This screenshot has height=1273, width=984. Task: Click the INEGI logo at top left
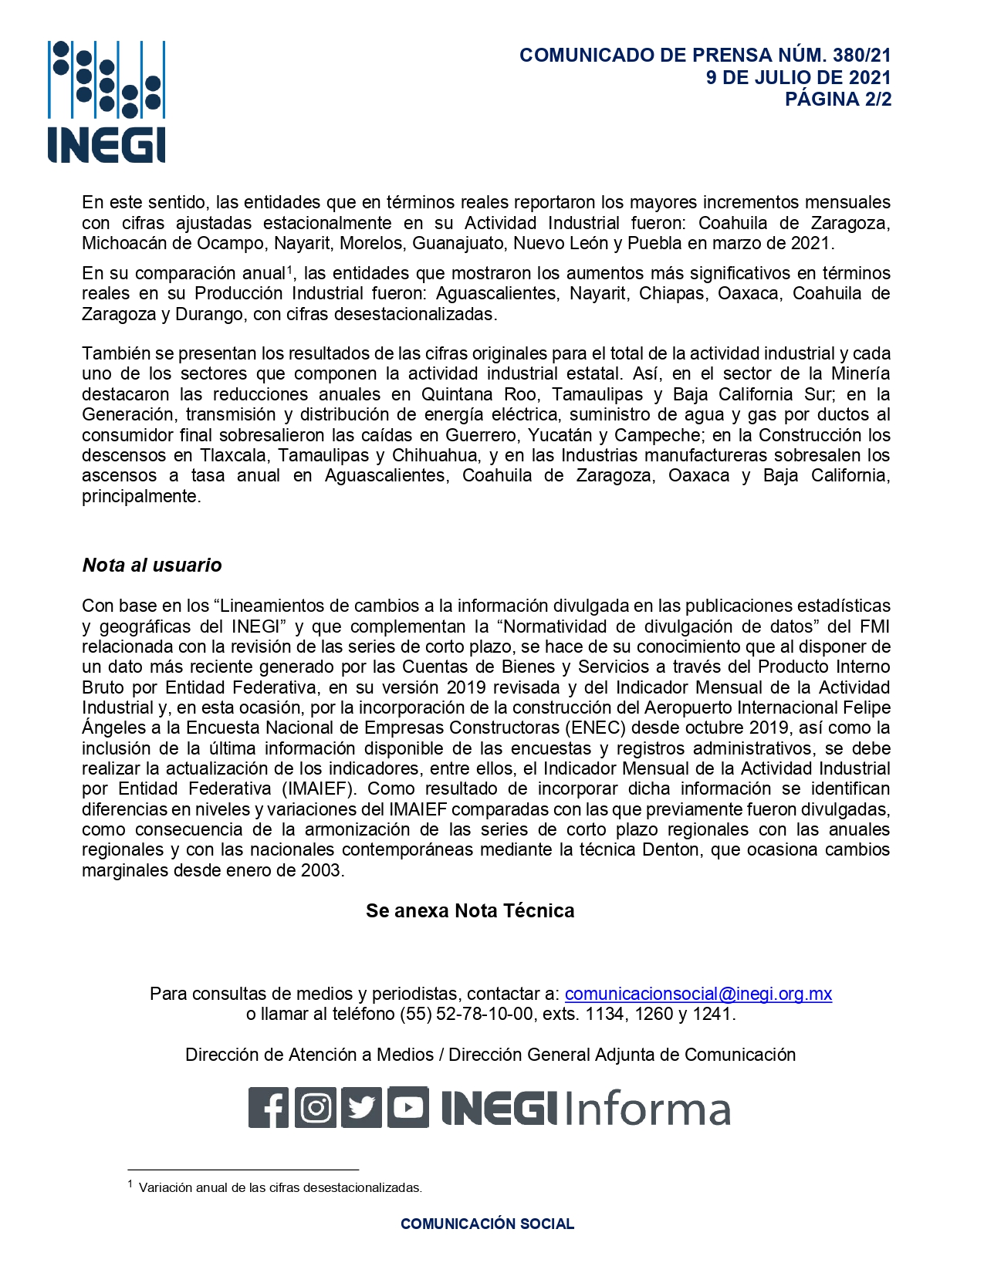click(107, 102)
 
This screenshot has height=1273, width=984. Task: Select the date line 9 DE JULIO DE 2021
click(798, 78)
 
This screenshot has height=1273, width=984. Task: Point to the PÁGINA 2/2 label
click(837, 100)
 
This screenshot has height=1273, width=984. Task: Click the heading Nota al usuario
click(152, 566)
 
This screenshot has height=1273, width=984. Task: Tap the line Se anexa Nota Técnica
click(470, 911)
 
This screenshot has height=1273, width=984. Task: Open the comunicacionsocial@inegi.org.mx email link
click(698, 994)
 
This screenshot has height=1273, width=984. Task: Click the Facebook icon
click(269, 1108)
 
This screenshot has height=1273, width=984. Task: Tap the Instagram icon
click(316, 1108)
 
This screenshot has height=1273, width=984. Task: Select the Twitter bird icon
click(361, 1108)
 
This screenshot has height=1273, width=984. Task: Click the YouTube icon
click(407, 1108)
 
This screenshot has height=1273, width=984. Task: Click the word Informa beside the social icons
click(647, 1109)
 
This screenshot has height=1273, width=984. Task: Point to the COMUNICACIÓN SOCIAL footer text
click(487, 1224)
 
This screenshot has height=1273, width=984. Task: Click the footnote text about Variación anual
click(280, 1188)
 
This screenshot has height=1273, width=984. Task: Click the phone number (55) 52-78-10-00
click(465, 1014)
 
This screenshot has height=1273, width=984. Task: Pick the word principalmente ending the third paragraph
click(140, 497)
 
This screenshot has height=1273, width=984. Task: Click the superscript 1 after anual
click(290, 269)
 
